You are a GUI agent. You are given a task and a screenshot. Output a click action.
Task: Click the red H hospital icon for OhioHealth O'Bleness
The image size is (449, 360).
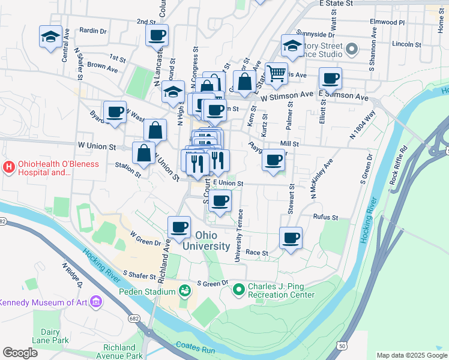coord(8,166)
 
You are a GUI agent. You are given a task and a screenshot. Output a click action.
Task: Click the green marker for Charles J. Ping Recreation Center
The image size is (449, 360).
coord(239,290)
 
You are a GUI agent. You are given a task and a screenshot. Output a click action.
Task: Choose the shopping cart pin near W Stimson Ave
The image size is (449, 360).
coord(276,74)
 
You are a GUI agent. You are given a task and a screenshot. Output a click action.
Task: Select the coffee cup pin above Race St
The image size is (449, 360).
coord(291,238)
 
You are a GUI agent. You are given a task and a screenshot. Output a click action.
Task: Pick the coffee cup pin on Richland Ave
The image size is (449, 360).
coord(179,227)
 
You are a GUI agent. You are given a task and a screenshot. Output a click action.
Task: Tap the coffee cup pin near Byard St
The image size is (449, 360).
coord(115,112)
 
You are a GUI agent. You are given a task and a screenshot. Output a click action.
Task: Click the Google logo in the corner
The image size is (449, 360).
coord(20,353)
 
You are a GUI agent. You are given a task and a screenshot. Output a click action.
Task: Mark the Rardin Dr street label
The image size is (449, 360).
coord(92,30)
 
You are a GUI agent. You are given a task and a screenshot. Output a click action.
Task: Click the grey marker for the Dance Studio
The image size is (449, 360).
coord(352,47)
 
